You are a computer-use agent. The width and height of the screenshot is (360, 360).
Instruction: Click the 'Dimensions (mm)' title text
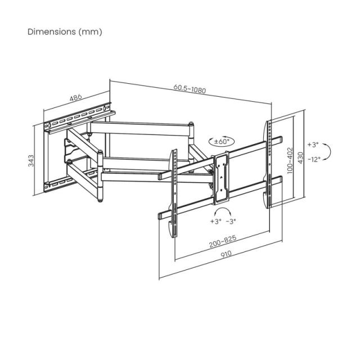[x=65, y=32]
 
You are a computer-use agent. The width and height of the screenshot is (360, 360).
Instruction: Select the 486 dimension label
[x=76, y=97]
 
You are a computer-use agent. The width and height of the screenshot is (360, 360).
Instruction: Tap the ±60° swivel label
[x=222, y=142]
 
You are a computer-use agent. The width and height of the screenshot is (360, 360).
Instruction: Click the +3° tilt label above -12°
[x=313, y=144]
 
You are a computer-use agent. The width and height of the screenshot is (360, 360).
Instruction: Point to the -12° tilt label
[x=313, y=159]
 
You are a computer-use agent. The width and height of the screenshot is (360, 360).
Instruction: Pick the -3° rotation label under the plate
[x=232, y=221]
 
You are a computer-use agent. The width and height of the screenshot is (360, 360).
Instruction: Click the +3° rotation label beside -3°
[x=215, y=221]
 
